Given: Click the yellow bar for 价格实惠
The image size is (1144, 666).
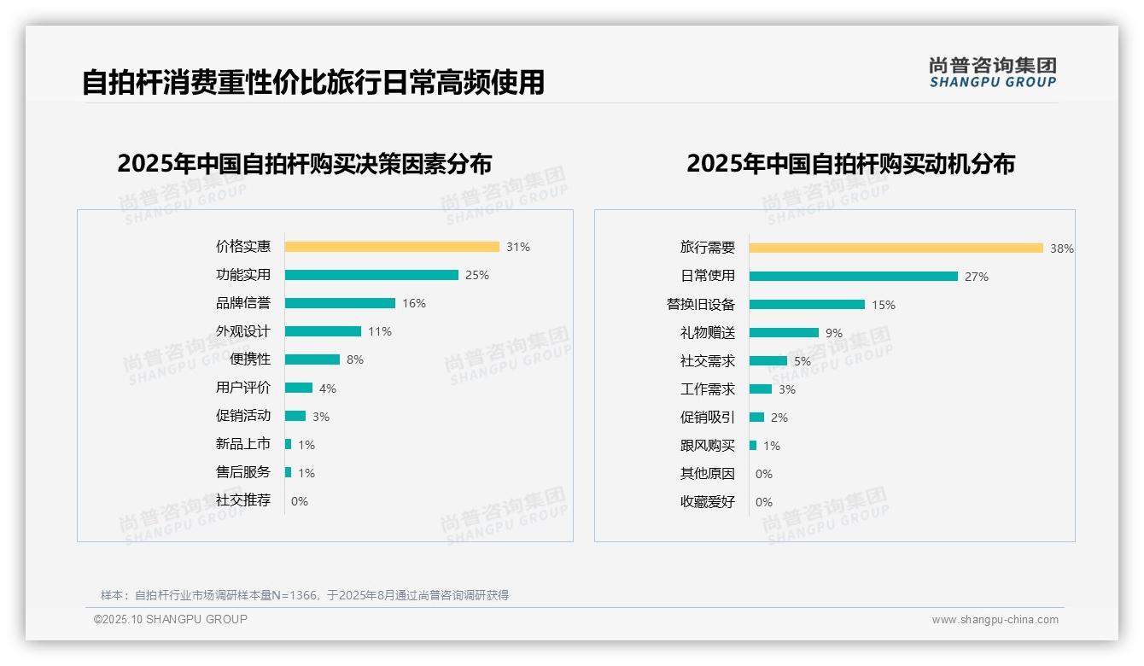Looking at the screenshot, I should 392,247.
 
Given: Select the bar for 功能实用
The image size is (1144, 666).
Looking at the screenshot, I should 371,275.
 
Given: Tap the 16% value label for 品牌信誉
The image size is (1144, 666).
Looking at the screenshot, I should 414,303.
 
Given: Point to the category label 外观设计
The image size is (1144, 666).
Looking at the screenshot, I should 242,331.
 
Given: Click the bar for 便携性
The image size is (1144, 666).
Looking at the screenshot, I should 312,359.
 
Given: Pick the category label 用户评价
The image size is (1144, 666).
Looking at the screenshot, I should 242,388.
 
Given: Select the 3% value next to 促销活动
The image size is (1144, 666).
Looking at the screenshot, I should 320,417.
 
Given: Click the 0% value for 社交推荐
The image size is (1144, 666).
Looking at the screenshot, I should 300,501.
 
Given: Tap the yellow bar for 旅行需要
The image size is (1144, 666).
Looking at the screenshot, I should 896,248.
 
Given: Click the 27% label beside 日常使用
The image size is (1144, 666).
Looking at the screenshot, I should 977,277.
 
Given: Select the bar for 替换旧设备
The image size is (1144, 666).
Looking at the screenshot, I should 807,305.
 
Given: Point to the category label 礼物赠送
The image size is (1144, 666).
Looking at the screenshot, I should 707,333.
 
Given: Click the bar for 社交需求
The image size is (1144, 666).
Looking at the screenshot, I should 768,361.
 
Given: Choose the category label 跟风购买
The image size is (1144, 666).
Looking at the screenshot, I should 707,446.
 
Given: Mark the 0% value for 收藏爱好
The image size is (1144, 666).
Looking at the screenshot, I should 764,502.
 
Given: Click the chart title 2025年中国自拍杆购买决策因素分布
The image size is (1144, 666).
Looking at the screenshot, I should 305,164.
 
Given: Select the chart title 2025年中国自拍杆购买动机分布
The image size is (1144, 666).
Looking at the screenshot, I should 850,164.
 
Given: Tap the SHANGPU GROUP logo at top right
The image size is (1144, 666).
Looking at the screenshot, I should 992,73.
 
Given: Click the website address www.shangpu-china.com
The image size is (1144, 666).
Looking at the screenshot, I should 995,620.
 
